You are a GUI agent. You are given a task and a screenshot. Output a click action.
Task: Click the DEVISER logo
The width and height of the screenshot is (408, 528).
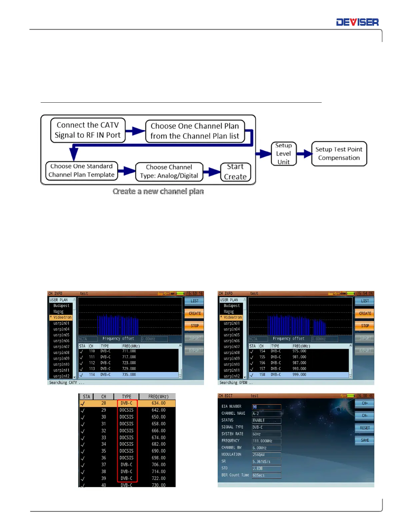point(357,22)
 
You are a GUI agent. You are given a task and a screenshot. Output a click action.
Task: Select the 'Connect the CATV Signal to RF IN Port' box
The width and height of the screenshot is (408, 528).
point(88,130)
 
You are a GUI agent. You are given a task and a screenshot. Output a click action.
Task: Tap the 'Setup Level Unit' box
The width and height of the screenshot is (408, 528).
point(283,154)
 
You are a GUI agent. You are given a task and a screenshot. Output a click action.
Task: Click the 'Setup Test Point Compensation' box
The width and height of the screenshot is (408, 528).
point(339,154)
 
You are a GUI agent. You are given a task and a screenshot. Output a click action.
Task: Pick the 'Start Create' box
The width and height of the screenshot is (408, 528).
point(235,172)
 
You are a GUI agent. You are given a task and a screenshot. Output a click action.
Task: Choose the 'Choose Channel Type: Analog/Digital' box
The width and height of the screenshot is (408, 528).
point(169,172)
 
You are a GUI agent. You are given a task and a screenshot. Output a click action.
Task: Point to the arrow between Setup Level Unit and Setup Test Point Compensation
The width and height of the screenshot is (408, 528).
point(304,154)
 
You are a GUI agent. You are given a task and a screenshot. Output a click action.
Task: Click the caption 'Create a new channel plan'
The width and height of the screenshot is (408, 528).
point(158,191)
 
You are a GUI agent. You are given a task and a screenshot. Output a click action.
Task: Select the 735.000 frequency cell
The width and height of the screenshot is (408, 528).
point(129,375)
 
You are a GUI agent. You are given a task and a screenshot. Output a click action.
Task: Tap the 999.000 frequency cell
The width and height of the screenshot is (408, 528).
point(299,375)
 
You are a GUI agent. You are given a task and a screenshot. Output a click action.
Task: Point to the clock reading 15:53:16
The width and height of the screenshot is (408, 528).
point(195,294)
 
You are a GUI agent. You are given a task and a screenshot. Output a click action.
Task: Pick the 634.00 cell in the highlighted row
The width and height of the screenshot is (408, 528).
point(158,403)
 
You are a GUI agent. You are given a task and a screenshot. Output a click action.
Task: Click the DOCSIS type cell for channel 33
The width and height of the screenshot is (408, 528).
point(126,437)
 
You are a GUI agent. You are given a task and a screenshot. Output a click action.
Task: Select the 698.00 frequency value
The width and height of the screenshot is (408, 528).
point(158,458)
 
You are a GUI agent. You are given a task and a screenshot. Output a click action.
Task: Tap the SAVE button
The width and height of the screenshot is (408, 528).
point(365,440)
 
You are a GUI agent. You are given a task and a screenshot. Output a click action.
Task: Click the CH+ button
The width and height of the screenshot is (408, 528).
point(365,403)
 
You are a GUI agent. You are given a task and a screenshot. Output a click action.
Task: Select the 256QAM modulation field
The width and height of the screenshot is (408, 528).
point(266,455)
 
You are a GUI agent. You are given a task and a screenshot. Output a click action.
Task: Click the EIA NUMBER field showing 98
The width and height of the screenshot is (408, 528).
point(266,407)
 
